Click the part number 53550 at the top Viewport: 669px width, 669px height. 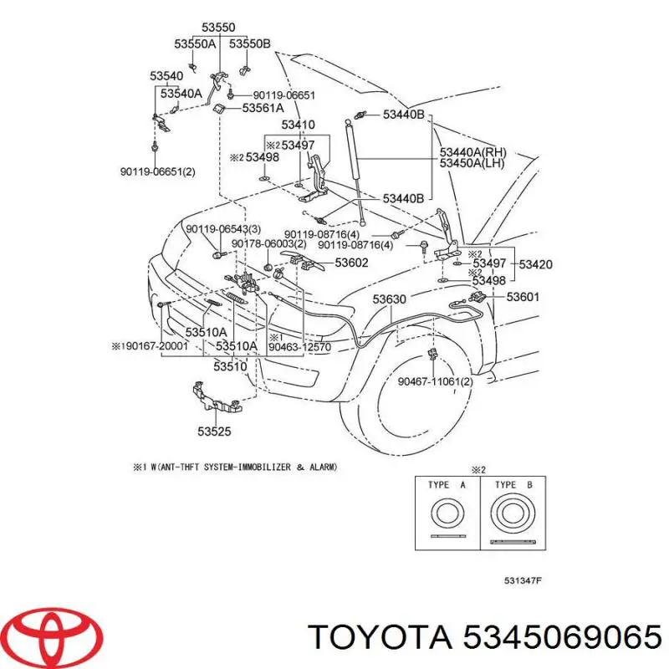point(218,28)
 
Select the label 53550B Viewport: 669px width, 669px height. point(249,44)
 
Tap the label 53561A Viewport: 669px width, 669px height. point(263,108)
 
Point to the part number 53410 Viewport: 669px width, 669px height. point(299,125)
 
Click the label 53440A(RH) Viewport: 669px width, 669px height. point(473,152)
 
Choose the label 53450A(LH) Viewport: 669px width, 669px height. point(472,163)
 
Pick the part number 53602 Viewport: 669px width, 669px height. point(351,263)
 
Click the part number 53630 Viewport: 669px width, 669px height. point(389,299)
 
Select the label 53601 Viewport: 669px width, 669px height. point(523,297)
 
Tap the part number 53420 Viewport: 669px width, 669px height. point(535,264)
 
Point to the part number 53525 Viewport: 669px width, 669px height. point(214,432)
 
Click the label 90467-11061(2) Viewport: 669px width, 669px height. point(435,381)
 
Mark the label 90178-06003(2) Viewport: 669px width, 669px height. point(268,244)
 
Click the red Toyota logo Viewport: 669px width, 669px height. point(56,636)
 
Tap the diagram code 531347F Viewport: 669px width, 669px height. point(523,580)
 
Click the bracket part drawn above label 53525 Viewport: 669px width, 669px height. point(217,399)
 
